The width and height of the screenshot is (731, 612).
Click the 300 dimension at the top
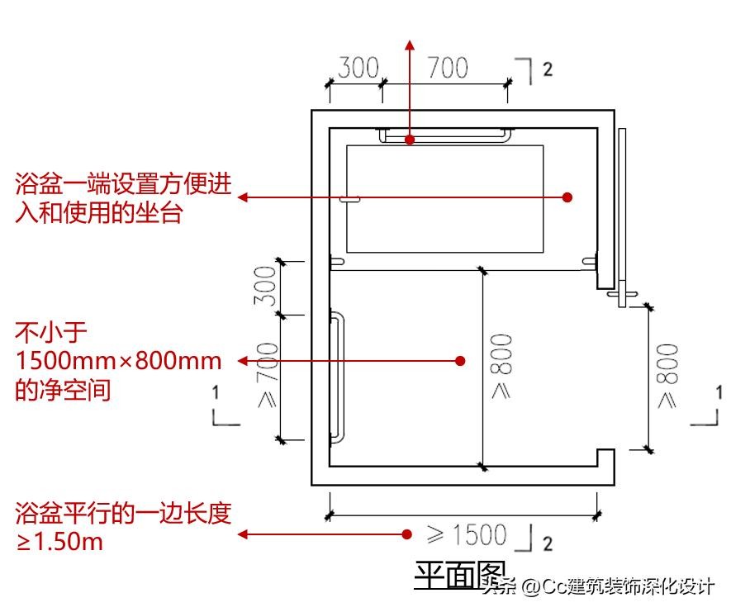pos(357,68)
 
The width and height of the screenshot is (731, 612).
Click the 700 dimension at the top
pos(446,68)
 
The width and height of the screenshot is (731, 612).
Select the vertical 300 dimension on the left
pos(266,286)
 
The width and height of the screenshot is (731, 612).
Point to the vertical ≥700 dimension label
pos(266,377)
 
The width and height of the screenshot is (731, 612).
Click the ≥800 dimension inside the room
pos(501,367)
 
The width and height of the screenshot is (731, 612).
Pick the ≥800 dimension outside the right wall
pos(667,376)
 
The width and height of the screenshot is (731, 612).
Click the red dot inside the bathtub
pos(567,197)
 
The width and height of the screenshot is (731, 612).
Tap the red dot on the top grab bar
pos(410,140)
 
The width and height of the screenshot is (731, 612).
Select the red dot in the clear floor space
pos(461,360)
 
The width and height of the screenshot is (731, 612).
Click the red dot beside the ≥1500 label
pos(406,534)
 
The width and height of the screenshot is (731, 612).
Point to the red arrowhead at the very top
pos(410,44)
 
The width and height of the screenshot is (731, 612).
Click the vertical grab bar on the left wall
pos(337,377)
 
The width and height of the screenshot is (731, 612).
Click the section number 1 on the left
pos(216,391)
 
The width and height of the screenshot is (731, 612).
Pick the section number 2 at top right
pos(547,70)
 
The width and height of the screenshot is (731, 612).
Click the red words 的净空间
pos(63,389)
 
